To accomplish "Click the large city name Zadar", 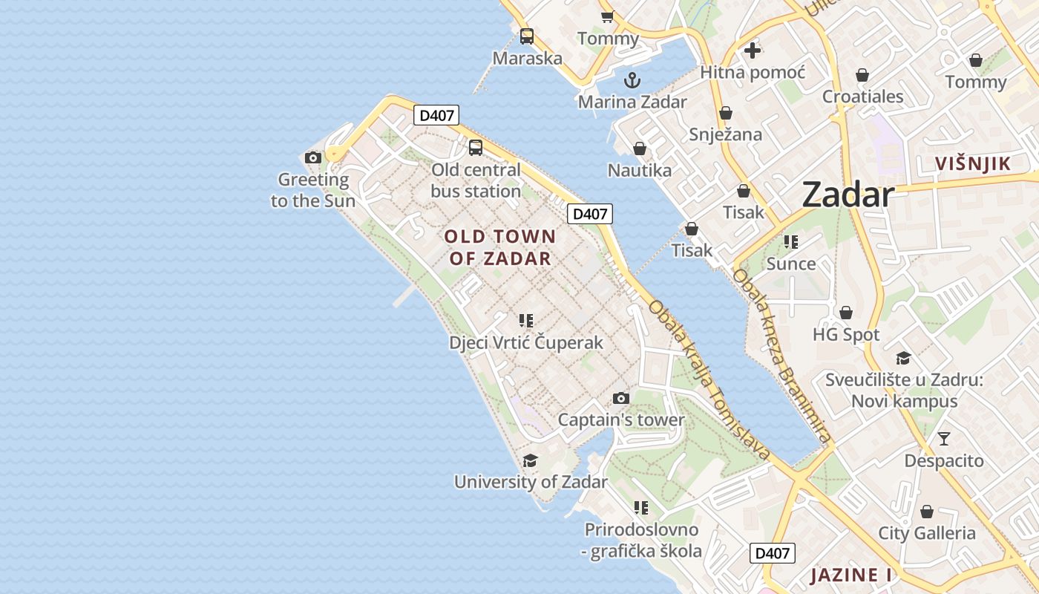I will pyautogui.click(x=848, y=195).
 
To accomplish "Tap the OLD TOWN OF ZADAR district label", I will pyautogui.click(x=499, y=247).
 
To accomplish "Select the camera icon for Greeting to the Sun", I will pyautogui.click(x=313, y=157).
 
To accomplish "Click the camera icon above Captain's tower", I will pyautogui.click(x=621, y=399).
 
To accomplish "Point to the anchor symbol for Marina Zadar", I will pyautogui.click(x=632, y=79).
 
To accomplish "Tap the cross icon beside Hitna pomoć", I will pyautogui.click(x=753, y=50).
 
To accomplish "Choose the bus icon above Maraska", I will pyautogui.click(x=527, y=36).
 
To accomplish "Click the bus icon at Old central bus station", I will pyautogui.click(x=476, y=147).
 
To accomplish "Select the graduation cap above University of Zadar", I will pyautogui.click(x=530, y=461).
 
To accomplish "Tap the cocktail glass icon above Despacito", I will pyautogui.click(x=943, y=439).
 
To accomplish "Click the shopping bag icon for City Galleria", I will pyautogui.click(x=926, y=512).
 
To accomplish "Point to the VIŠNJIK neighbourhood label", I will pyautogui.click(x=972, y=164).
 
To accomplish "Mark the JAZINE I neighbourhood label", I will pyautogui.click(x=850, y=575).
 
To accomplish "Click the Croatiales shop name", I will pyautogui.click(x=862, y=97).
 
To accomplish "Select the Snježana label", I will pyautogui.click(x=725, y=134).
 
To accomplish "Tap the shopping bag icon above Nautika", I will pyautogui.click(x=640, y=148).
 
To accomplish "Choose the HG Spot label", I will pyautogui.click(x=846, y=335).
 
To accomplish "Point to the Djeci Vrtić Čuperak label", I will pyautogui.click(x=526, y=343).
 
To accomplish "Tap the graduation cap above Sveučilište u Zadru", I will pyautogui.click(x=903, y=359).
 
